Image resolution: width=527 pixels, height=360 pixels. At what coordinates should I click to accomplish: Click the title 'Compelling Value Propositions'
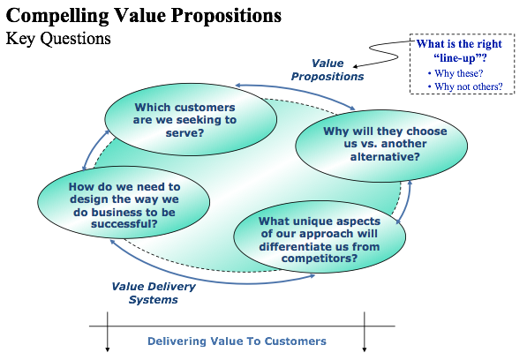(144, 16)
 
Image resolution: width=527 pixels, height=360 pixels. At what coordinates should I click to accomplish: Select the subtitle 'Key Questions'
(58, 38)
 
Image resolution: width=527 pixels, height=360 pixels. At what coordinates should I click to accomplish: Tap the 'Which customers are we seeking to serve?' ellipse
(191, 119)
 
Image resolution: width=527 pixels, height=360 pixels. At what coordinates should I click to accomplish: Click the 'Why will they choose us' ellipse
(381, 146)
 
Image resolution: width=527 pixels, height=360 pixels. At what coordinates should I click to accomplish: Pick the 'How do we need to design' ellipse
(124, 202)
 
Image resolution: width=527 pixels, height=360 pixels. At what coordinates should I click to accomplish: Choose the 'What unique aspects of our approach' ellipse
(320, 236)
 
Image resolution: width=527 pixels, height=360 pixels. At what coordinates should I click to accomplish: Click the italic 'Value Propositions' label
(327, 70)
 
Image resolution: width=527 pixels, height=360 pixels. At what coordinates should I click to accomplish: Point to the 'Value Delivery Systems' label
(154, 293)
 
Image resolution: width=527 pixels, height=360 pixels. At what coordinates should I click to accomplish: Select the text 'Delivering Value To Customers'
(237, 341)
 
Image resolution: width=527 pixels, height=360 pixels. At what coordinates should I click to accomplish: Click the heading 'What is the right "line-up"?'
(459, 50)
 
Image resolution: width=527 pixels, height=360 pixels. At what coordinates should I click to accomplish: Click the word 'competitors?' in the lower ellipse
(320, 259)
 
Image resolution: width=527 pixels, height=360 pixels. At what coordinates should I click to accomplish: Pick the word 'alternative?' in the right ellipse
(385, 156)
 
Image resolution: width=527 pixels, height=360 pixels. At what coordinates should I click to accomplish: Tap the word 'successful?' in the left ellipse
(124, 223)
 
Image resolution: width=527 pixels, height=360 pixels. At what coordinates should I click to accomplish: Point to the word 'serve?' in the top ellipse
(184, 132)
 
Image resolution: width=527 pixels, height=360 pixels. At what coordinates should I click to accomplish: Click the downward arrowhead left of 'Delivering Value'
(108, 349)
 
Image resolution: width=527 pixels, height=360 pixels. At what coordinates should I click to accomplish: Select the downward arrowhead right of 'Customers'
(365, 349)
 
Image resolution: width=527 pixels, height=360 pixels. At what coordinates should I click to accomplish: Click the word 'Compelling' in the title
(57, 16)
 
